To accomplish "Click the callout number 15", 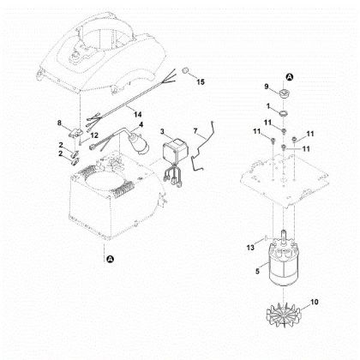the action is [201, 82].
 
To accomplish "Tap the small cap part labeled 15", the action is [186, 70].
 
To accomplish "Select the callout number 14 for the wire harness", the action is [138, 115].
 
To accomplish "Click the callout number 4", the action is [141, 124].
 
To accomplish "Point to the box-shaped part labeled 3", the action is [175, 150].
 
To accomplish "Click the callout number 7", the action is [195, 131].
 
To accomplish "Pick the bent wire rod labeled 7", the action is [203, 147].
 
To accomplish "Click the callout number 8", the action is [59, 123].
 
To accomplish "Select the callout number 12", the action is [94, 135].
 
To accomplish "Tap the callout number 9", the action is [267, 86].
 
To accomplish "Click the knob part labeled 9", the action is [285, 93].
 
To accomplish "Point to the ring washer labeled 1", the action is [284, 113].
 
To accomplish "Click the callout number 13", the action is [250, 248].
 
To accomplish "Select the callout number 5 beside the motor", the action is [257, 271].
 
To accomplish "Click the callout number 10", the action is [314, 302].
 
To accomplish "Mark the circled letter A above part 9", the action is [290, 76].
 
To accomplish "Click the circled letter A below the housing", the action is [110, 259].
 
